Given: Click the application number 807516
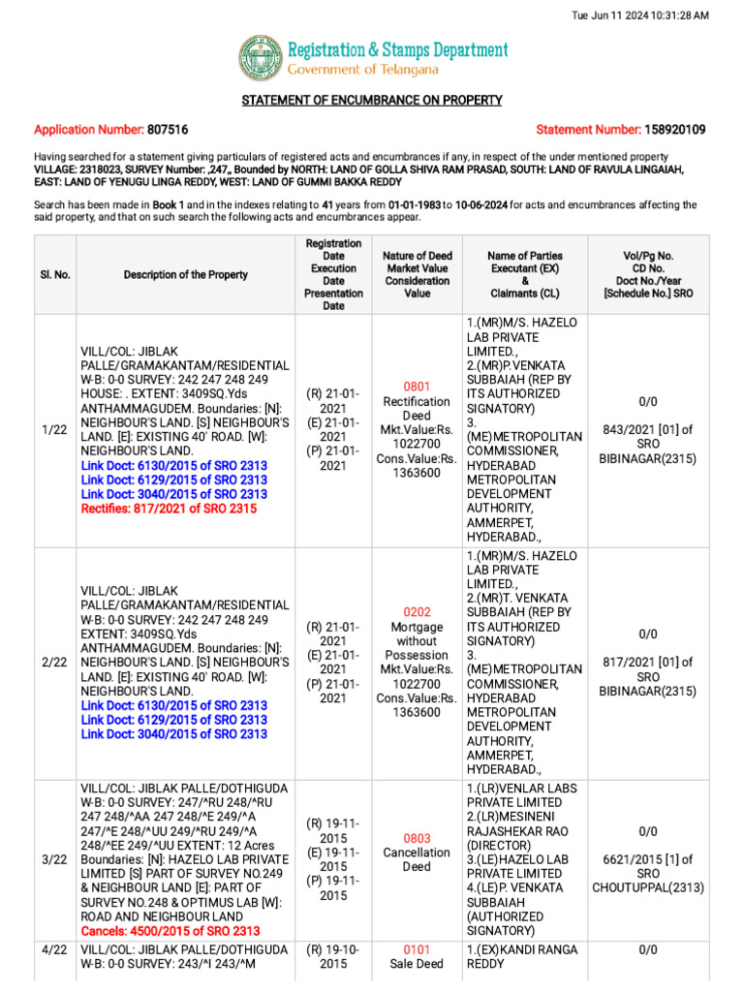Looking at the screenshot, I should pyautogui.click(x=168, y=130).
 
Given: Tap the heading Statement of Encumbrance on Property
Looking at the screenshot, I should pyautogui.click(x=371, y=101).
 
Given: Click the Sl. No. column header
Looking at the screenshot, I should pyautogui.click(x=55, y=275).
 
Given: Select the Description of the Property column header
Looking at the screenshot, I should pyautogui.click(x=185, y=275).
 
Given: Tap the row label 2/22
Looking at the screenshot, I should pyautogui.click(x=55, y=663).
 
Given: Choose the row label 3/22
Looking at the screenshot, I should pyautogui.click(x=55, y=860).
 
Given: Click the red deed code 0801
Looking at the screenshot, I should pyautogui.click(x=417, y=387).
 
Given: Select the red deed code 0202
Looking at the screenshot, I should pyautogui.click(x=417, y=612).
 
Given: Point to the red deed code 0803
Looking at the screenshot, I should pyautogui.click(x=417, y=839).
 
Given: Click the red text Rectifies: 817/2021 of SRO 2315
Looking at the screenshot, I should pyautogui.click(x=173, y=509).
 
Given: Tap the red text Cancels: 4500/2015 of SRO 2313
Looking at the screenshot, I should pyautogui.click(x=170, y=931).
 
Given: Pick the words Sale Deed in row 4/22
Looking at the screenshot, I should pyautogui.click(x=417, y=964).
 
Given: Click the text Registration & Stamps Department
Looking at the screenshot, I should pyautogui.click(x=397, y=49).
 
